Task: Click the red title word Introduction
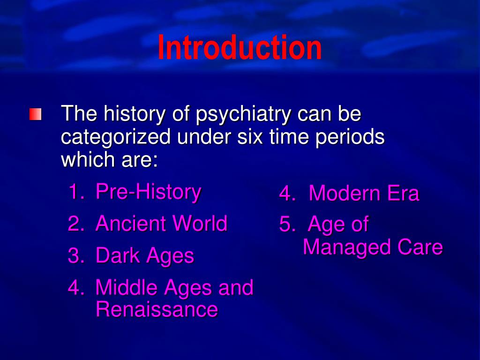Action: tap(240, 48)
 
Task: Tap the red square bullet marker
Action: tap(35, 114)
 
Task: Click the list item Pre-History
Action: tap(148, 192)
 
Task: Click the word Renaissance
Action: tap(157, 310)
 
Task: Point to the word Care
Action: tap(420, 247)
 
